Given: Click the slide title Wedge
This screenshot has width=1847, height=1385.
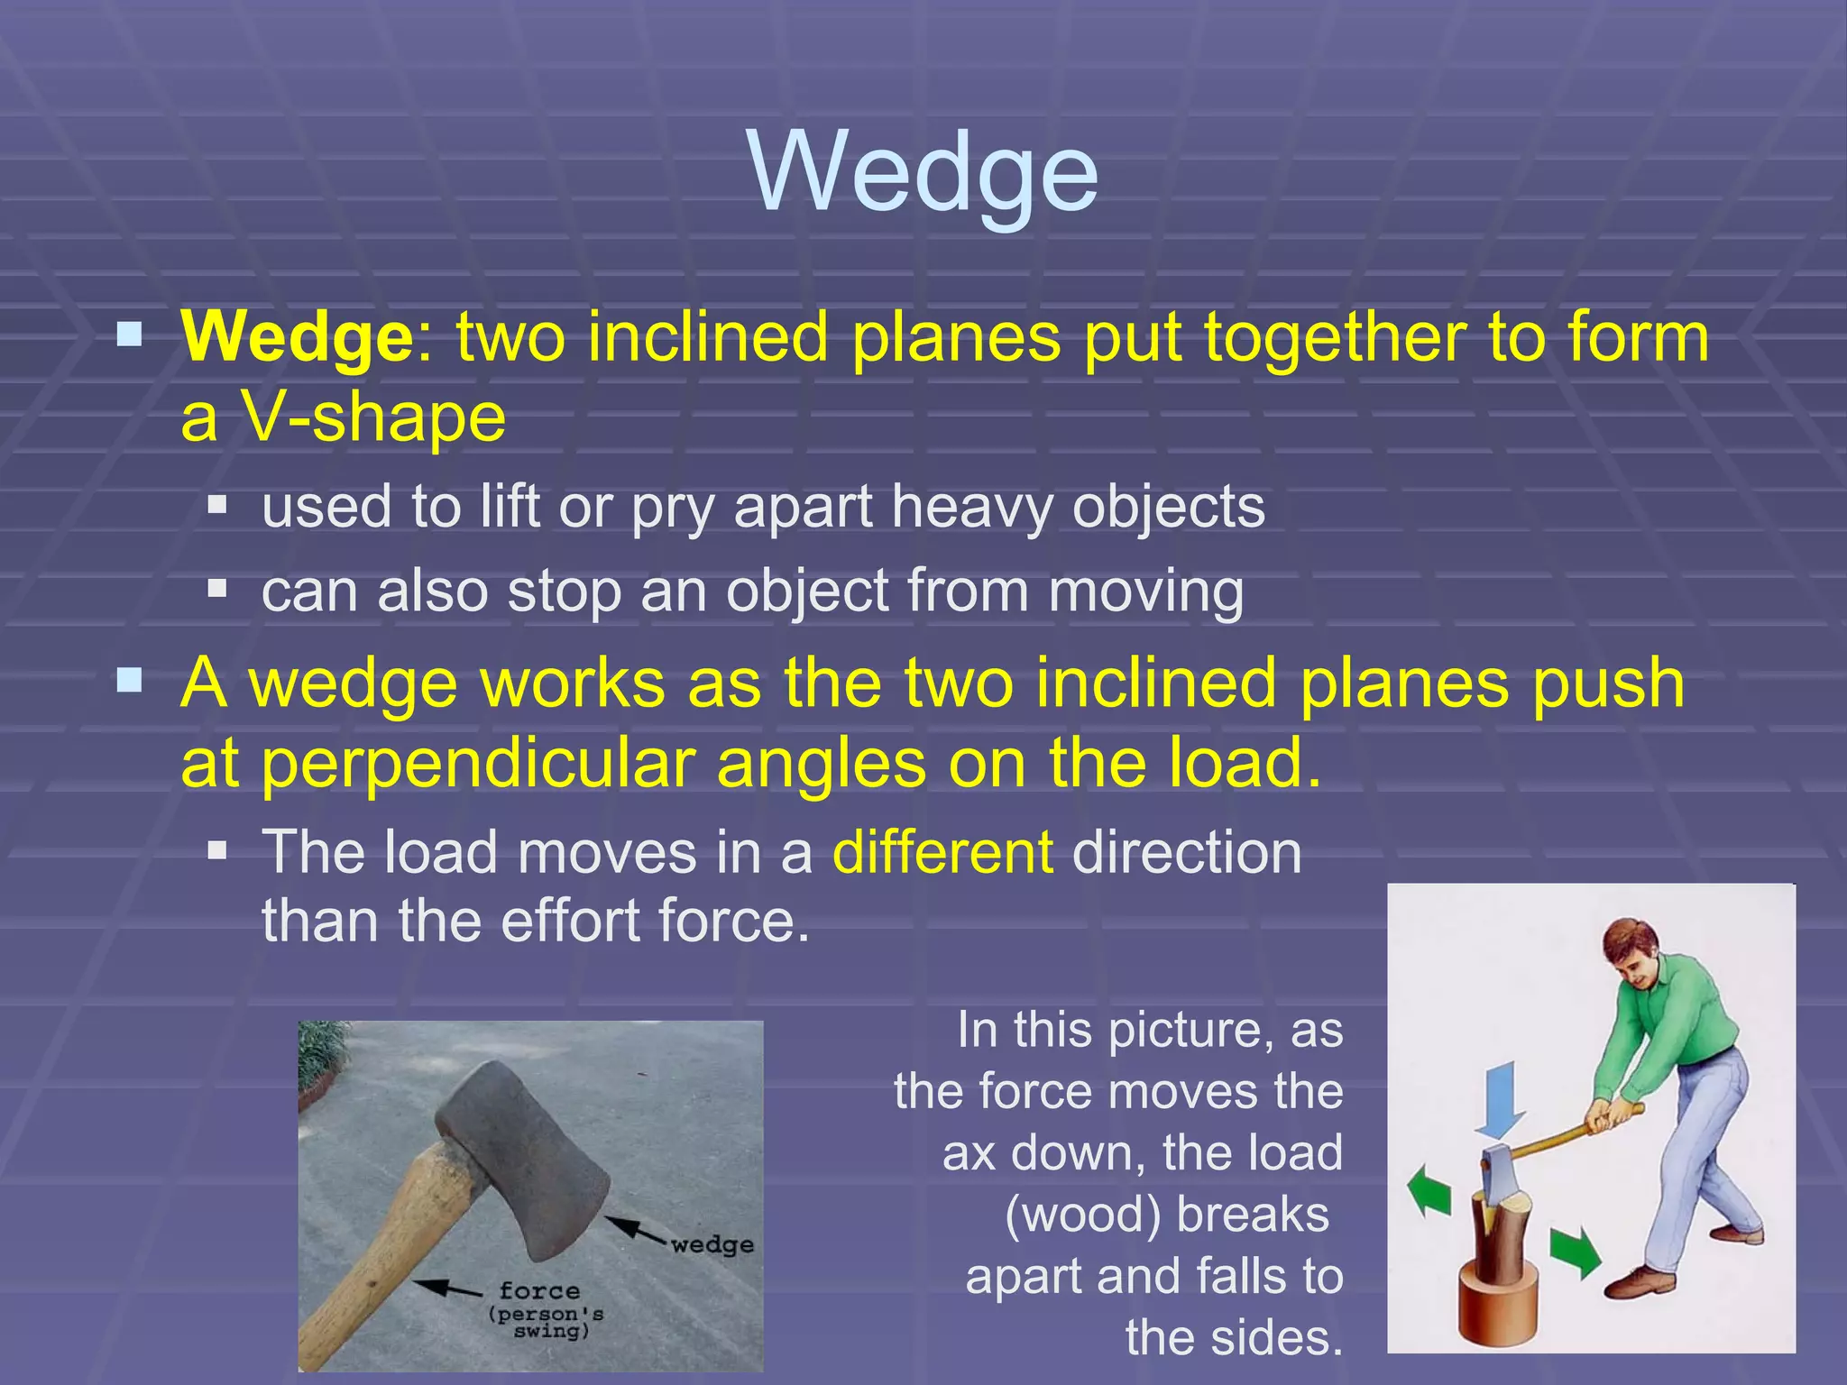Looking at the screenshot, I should tap(923, 171).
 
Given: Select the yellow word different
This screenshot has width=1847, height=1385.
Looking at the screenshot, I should tap(942, 852).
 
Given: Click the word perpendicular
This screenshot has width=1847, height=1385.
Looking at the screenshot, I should tap(478, 764).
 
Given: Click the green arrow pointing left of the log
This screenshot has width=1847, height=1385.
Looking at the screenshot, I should tap(1431, 1189).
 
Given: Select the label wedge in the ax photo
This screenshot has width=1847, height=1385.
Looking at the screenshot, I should tap(712, 1245).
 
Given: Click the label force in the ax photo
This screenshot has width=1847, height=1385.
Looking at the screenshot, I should tap(539, 1291).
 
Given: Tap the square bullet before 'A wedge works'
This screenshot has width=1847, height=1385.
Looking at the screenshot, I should tap(130, 680).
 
